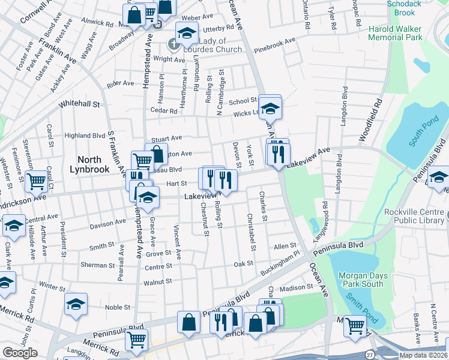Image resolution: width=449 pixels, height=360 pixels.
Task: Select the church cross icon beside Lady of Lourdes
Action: tap(173, 43)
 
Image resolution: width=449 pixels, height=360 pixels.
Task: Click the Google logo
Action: tap(20, 353)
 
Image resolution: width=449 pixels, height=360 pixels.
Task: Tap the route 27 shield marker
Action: tap(370, 356)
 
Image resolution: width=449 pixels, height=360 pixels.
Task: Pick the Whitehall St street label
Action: tap(79, 104)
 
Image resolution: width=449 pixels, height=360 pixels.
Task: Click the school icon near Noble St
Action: tap(76, 304)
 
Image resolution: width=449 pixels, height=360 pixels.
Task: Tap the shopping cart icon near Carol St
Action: tap(37, 179)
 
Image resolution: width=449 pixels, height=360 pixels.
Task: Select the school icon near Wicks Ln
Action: tap(271, 108)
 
